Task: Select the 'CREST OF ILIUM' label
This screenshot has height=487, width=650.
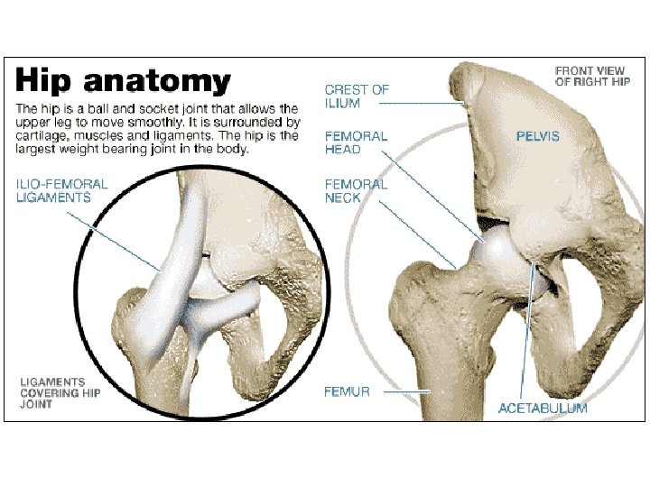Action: [x=357, y=96]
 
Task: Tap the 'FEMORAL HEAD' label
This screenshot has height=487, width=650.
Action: [x=356, y=142]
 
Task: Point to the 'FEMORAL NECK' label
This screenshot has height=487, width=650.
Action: [x=356, y=190]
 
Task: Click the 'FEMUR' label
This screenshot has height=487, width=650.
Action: [x=347, y=392]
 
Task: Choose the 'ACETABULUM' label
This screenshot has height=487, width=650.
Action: [x=543, y=409]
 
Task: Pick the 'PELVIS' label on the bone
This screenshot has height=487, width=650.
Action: [x=538, y=136]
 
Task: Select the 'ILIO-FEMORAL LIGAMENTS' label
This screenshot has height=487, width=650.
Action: [x=61, y=190]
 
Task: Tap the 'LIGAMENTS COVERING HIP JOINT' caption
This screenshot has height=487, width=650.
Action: [x=60, y=392]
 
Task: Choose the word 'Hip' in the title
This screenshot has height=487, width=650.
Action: [x=47, y=82]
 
